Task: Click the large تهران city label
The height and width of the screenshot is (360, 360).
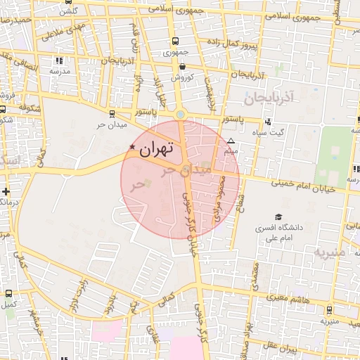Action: [x=155, y=148]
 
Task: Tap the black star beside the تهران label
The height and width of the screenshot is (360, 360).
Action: [x=132, y=146]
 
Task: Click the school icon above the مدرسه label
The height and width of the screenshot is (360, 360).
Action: [x=58, y=60]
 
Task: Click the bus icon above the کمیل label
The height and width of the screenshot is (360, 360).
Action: [x=8, y=293]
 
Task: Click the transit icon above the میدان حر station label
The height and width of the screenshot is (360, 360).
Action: [x=112, y=112]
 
